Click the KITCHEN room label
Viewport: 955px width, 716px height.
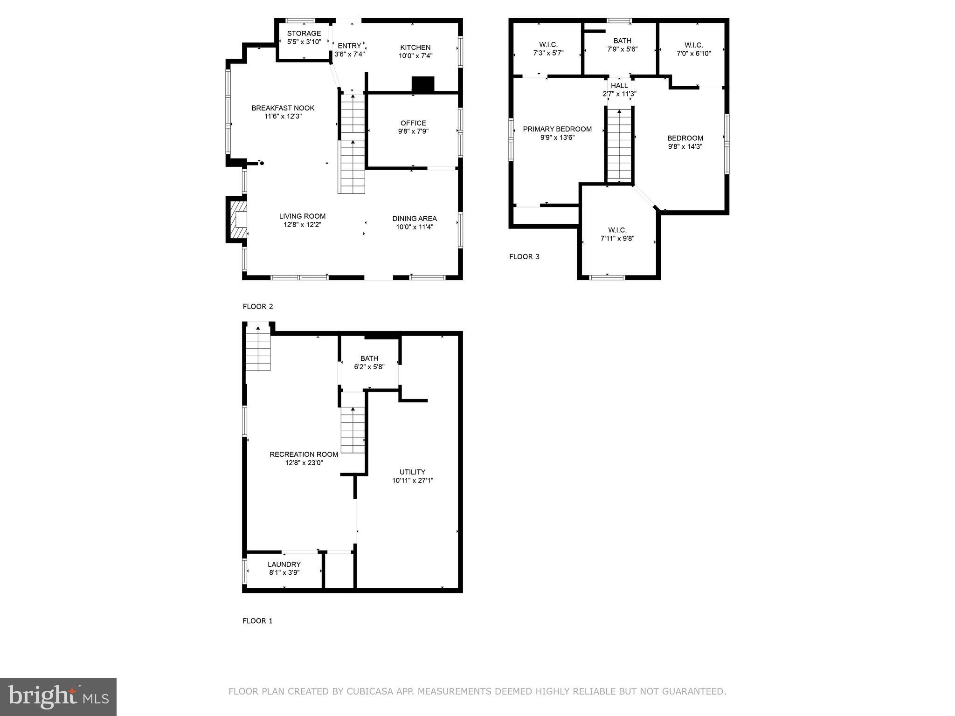tap(415, 48)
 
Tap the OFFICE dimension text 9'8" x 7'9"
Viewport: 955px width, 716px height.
tap(413, 131)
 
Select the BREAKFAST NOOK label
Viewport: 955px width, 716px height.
tap(283, 108)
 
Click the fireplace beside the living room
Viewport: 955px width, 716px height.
tap(238, 220)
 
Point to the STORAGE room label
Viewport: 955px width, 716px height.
tap(304, 34)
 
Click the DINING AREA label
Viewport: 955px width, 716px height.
tap(415, 219)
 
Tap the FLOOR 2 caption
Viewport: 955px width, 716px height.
tap(258, 307)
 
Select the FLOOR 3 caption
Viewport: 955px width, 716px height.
tap(524, 257)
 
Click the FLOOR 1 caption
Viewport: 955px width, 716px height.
tap(257, 621)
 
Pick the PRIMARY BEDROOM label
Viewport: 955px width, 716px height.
tap(557, 129)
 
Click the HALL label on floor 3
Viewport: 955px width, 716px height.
tap(619, 86)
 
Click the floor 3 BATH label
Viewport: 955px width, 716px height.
tap(622, 41)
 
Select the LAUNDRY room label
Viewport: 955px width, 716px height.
tap(284, 565)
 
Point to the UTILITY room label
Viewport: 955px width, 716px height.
tap(413, 472)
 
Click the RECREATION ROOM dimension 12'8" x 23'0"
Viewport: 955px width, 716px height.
tap(304, 463)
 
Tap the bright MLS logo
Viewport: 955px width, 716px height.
tap(58, 697)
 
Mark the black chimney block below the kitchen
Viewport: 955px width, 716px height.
tap(423, 84)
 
